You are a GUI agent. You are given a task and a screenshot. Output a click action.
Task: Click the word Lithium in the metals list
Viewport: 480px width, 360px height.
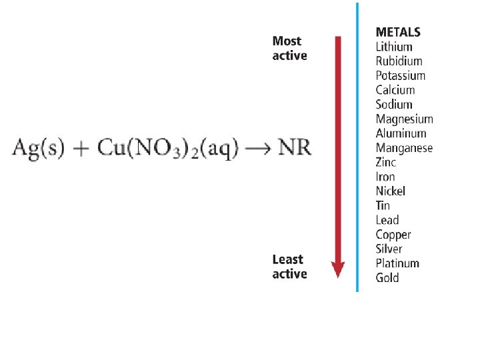click(x=394, y=47)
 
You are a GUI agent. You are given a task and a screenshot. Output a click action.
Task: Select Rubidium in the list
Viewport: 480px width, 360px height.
click(x=399, y=61)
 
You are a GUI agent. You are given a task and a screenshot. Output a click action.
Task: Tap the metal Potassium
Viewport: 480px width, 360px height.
click(x=400, y=76)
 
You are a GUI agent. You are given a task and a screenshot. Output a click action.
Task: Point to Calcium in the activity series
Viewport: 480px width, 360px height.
click(x=395, y=90)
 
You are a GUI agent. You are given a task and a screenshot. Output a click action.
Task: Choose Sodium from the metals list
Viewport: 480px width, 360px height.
click(x=394, y=105)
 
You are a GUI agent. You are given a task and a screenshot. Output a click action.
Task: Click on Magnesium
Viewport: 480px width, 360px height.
click(x=404, y=119)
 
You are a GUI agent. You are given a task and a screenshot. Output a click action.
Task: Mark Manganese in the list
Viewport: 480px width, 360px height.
click(x=404, y=148)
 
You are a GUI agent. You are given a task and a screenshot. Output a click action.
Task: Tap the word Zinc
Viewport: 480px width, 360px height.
click(x=386, y=162)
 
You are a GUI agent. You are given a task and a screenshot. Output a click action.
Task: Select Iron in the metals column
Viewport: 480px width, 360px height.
click(x=385, y=177)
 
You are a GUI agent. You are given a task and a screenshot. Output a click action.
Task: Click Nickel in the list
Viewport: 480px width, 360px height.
click(x=390, y=191)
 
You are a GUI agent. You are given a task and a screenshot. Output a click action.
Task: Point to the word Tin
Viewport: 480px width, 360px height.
click(x=383, y=205)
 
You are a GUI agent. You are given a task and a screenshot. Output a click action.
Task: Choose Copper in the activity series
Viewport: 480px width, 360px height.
click(x=393, y=235)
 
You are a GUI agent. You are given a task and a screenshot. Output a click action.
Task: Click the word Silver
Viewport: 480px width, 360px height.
click(x=389, y=249)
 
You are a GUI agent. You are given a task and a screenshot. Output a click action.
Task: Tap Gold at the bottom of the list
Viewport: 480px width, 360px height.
click(x=387, y=278)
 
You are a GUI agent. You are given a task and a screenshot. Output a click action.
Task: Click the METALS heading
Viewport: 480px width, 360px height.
click(x=399, y=32)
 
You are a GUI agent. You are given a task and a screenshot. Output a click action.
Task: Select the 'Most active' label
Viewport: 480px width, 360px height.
click(x=289, y=49)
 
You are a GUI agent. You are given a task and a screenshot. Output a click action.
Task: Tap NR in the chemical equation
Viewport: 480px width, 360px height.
click(x=293, y=147)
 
